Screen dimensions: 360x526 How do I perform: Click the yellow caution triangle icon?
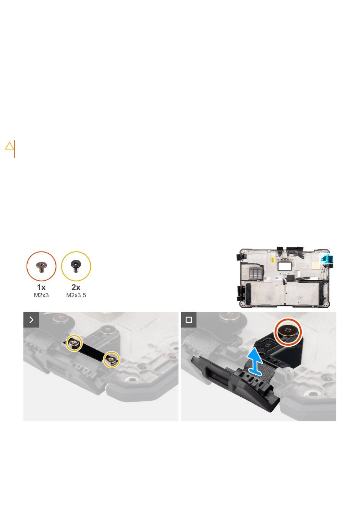tap(9, 146)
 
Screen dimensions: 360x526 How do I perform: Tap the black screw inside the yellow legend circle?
tap(76, 266)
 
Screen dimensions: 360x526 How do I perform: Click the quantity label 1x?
tap(41, 287)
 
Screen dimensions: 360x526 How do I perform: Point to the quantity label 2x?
tap(76, 287)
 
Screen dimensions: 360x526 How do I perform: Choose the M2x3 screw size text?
tap(41, 295)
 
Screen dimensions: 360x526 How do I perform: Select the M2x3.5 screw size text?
tap(76, 295)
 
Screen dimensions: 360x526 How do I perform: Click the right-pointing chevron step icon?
tap(31, 320)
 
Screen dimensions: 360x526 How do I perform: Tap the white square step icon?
tap(189, 320)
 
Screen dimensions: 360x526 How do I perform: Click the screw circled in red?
tap(288, 331)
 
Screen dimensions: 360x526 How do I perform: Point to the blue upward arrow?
tap(255, 361)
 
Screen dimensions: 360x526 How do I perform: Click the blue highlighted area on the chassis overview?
tap(326, 259)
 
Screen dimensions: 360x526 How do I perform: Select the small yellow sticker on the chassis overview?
tap(272, 259)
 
